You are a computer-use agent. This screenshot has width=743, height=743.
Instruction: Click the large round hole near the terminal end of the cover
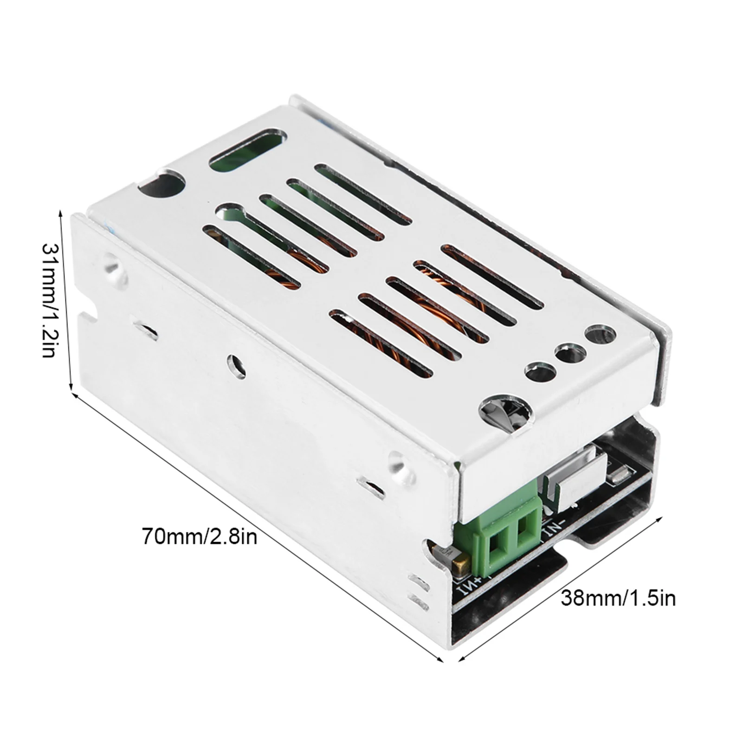pos(504,413)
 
